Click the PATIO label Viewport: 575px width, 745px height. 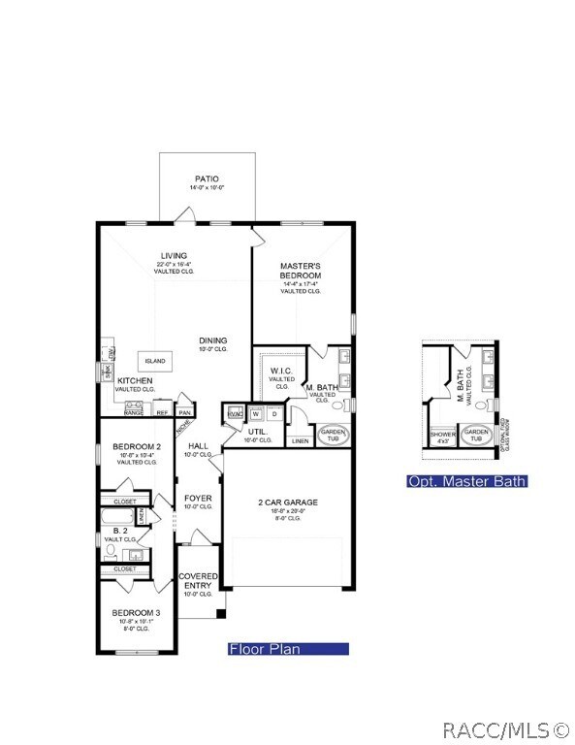pos(207,179)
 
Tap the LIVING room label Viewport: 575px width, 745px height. pos(175,256)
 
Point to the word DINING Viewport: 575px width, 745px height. pos(213,340)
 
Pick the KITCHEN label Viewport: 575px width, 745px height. pos(135,381)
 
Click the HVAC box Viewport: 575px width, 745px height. pos(234,414)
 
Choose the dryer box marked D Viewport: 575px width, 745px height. pos(273,414)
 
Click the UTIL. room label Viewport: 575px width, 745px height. pos(257,431)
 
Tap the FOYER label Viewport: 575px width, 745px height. pos(198,499)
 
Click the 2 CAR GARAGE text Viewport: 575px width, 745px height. pos(288,502)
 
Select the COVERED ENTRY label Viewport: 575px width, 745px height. pos(198,581)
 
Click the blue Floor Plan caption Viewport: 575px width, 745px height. pos(287,649)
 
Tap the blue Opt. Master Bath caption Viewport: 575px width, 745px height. pos(466,481)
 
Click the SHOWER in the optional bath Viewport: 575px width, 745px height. pos(442,436)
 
